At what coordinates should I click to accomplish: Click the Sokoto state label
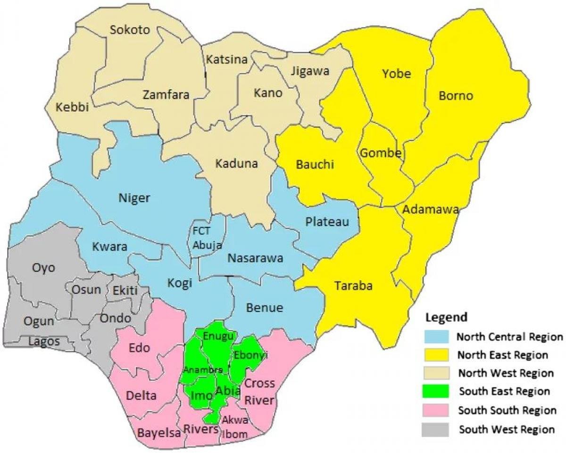130,30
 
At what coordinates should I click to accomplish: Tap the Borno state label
456,96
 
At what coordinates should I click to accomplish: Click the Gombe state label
381,153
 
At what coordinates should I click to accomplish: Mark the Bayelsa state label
159,433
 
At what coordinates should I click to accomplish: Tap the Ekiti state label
125,290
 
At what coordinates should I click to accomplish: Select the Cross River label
260,392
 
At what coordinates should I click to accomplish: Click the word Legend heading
446,317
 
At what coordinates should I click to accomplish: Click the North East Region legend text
503,355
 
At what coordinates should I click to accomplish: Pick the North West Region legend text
506,373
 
